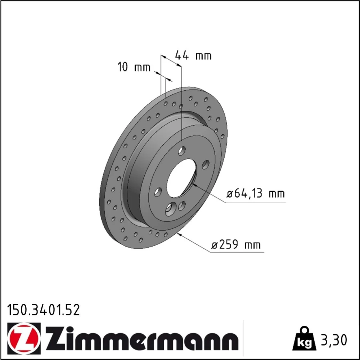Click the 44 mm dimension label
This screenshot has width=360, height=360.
coord(193,55)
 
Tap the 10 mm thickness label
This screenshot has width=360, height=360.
coord(134,67)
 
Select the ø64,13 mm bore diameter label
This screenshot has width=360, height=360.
coord(256,194)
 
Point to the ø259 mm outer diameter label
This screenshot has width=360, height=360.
coord(236,244)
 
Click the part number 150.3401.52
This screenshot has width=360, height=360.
coord(44,310)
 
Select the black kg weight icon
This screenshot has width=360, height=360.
coord(304,338)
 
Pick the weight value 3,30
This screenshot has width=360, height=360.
coord(333,340)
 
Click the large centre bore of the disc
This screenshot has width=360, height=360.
coord(181,178)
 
